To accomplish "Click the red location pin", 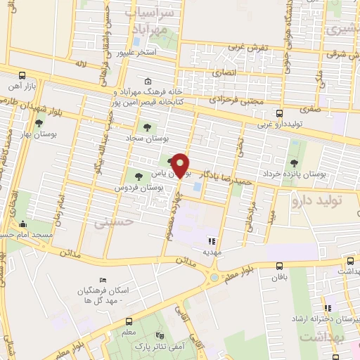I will [181, 165].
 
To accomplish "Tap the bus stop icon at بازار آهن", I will [22, 75].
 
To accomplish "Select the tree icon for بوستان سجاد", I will [146, 127].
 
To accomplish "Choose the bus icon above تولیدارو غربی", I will [280, 113].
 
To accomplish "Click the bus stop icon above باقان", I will [281, 266].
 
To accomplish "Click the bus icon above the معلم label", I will [127, 317].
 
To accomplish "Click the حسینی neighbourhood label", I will [109, 222].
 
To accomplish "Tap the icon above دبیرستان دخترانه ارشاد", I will [326, 307].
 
